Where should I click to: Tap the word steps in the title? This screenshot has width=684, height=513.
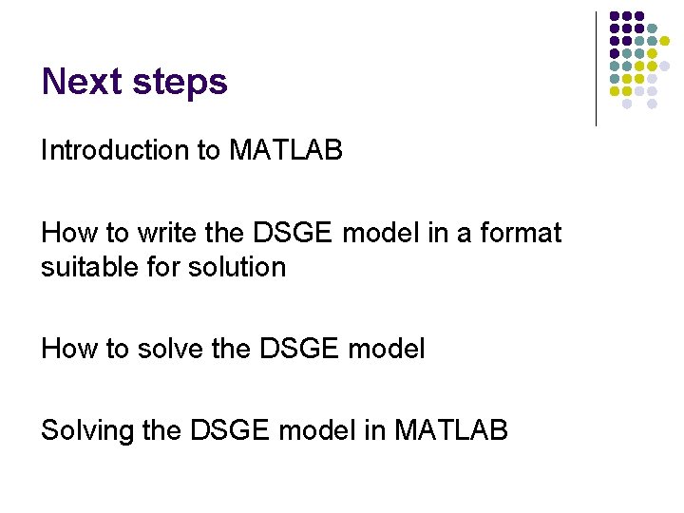click(x=180, y=84)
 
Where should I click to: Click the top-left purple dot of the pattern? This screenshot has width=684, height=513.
click(x=615, y=16)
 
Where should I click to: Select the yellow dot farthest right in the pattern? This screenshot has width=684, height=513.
click(x=665, y=41)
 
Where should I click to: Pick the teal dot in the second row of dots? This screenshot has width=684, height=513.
click(x=652, y=28)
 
